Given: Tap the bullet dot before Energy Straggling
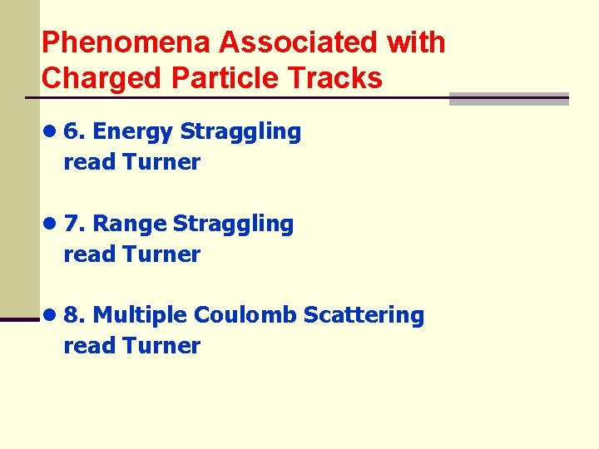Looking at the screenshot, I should (x=51, y=131).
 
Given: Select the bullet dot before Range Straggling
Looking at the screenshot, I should (x=51, y=224).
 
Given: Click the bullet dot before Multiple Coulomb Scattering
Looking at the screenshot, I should (x=51, y=315).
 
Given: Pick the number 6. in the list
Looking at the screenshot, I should (x=74, y=131).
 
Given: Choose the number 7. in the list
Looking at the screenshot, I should (x=74, y=224).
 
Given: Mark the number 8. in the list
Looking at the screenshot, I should (x=74, y=315).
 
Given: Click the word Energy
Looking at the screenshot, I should (x=133, y=131).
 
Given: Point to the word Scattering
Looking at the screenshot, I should (x=364, y=316).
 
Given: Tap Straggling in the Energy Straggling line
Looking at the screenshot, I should (x=240, y=132).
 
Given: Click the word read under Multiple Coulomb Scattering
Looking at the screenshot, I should (x=89, y=346).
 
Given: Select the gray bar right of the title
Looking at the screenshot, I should (x=508, y=99).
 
